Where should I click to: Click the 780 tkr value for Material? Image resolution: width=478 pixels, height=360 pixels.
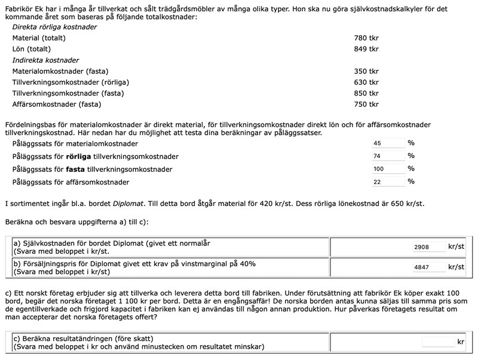[366, 38]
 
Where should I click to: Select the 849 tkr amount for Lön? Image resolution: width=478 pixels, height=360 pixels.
[366, 50]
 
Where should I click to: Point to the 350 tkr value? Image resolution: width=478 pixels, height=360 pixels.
[366, 71]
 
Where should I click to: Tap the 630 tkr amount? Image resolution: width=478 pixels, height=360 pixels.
[366, 82]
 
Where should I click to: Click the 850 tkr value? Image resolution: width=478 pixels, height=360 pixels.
[366, 93]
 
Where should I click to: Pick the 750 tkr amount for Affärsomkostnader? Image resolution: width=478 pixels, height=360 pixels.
[366, 104]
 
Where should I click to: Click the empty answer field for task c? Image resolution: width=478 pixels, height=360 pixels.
[438, 342]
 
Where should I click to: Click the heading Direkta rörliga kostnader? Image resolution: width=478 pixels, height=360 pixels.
[54, 27]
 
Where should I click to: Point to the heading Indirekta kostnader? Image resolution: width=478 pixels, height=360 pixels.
[46, 60]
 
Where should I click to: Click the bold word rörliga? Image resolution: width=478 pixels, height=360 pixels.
[79, 156]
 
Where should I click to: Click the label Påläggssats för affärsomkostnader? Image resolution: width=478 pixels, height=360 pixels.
[71, 182]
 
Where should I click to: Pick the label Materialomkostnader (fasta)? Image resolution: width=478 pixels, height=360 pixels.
[60, 71]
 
